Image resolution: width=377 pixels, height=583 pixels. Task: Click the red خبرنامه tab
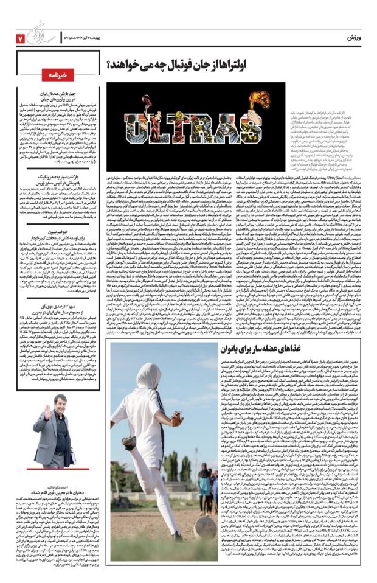(62, 74)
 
